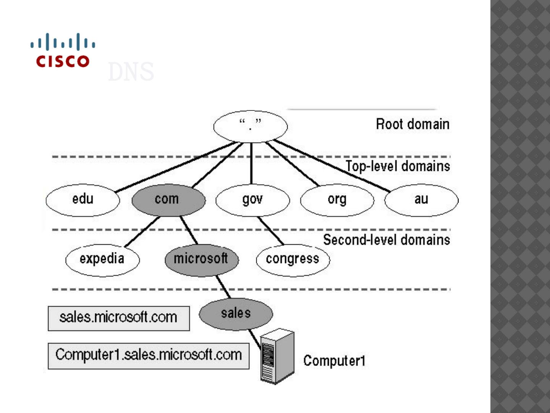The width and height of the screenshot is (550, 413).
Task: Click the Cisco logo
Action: pyautogui.click(x=63, y=50)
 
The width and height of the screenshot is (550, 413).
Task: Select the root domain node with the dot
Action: pyautogui.click(x=250, y=127)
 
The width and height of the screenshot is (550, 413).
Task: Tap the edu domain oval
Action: pyautogui.click(x=82, y=200)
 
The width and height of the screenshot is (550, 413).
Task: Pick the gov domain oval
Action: pyautogui.click(x=252, y=200)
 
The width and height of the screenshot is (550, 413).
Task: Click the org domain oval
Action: pyautogui.click(x=337, y=200)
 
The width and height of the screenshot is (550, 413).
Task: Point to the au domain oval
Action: pyautogui.click(x=421, y=200)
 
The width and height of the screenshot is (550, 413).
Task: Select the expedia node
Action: pyautogui.click(x=102, y=260)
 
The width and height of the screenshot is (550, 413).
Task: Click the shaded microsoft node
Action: pyautogui.click(x=201, y=260)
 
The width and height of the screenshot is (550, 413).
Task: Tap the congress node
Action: pyautogui.click(x=293, y=260)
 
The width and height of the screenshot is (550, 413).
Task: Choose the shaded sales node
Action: pyautogui.click(x=236, y=314)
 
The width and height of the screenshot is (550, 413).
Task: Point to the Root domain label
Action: pyautogui.click(x=412, y=124)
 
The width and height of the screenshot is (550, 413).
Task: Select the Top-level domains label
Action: pyautogui.click(x=398, y=166)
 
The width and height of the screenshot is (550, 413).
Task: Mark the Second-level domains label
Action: pyautogui.click(x=387, y=240)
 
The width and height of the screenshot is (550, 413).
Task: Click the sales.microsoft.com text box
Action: pyautogui.click(x=118, y=318)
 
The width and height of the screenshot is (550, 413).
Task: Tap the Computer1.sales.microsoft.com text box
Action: pyautogui.click(x=148, y=355)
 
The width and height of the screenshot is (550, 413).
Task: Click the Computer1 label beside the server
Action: pyautogui.click(x=334, y=361)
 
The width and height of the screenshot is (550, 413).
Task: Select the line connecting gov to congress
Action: pyautogui.click(x=271, y=231)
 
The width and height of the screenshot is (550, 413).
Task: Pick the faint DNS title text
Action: pyautogui.click(x=131, y=72)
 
